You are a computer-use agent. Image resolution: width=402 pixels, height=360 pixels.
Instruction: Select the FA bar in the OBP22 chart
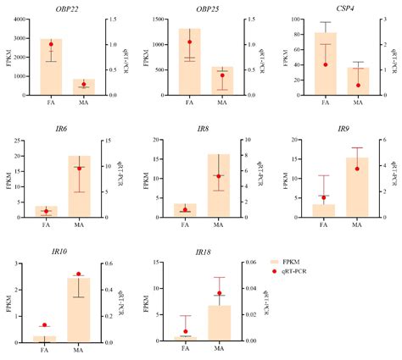[x=50, y=68]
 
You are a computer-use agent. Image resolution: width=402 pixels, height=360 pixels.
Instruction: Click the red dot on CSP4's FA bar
[x=325, y=64]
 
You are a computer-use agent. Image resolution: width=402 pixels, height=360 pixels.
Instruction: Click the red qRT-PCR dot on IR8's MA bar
[x=219, y=176]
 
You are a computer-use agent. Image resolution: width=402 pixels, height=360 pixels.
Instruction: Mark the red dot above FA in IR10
[x=45, y=325]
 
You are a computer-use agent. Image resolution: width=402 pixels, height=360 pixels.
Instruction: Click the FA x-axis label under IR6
[x=46, y=224]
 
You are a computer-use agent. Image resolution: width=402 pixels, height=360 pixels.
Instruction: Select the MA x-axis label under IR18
[x=219, y=349]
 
